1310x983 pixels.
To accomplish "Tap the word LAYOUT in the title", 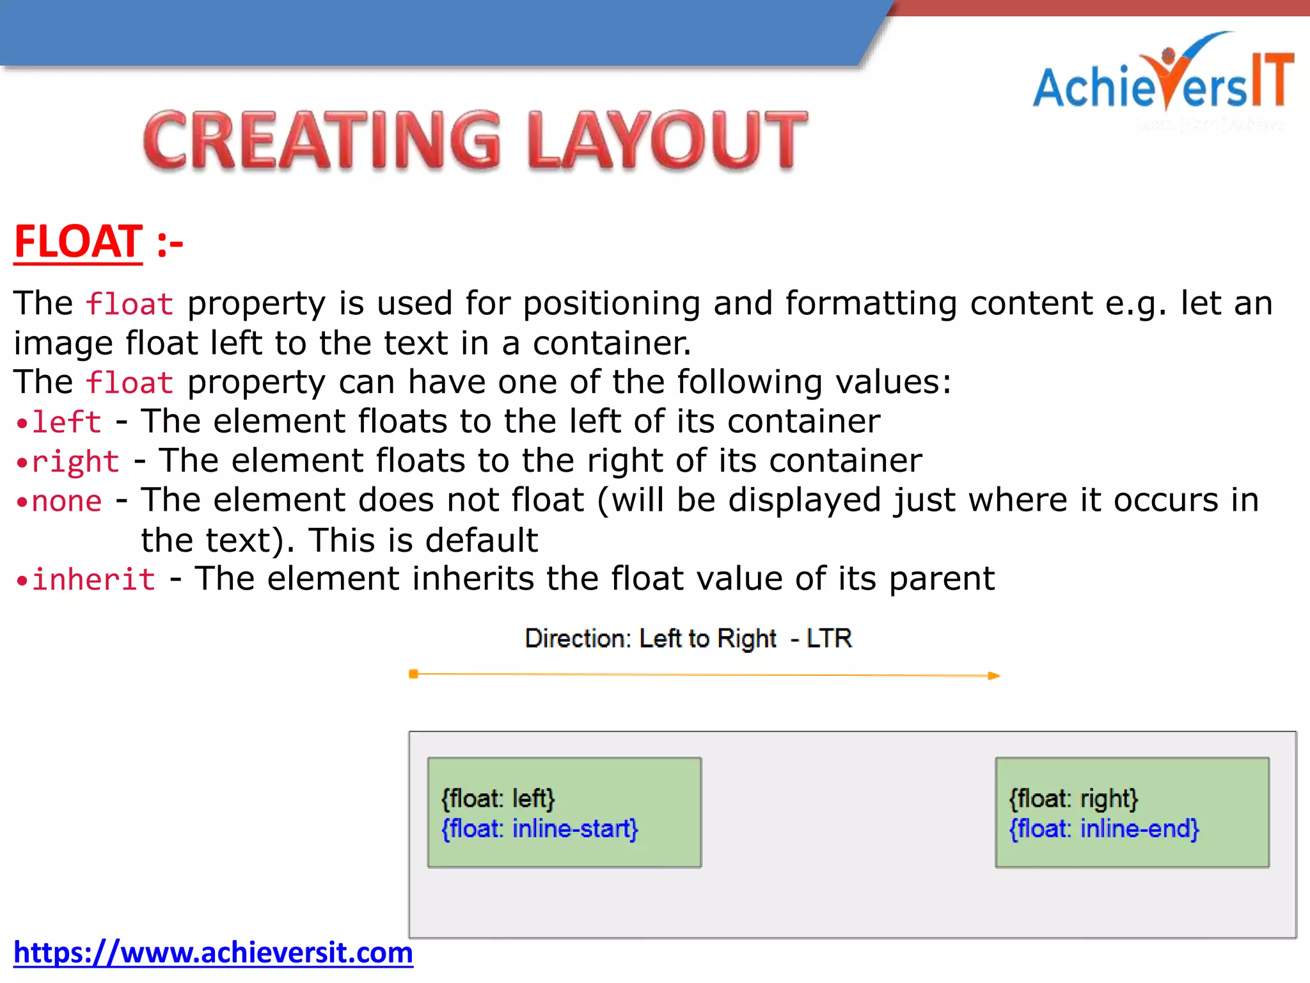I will [x=668, y=140].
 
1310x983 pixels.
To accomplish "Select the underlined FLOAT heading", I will [x=78, y=242].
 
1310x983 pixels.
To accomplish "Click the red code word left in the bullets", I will [x=67, y=422].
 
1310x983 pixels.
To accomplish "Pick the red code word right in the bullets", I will [x=75, y=462].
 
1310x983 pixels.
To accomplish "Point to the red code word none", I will [x=67, y=501].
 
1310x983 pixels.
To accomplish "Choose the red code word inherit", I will [x=93, y=580].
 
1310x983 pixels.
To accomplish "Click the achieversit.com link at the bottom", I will [x=213, y=952].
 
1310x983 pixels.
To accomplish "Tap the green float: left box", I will [x=564, y=812].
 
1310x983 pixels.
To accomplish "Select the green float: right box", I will [x=1132, y=812].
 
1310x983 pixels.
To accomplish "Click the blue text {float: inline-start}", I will [x=539, y=829].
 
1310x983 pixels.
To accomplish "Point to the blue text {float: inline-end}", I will [x=1103, y=829].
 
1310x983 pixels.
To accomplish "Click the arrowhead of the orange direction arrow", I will [x=993, y=676].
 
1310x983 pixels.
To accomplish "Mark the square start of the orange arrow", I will [x=414, y=674].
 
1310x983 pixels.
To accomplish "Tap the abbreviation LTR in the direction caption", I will [x=829, y=639].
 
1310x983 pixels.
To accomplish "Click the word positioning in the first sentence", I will [x=612, y=303].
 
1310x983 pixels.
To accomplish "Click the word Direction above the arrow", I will [x=578, y=639].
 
